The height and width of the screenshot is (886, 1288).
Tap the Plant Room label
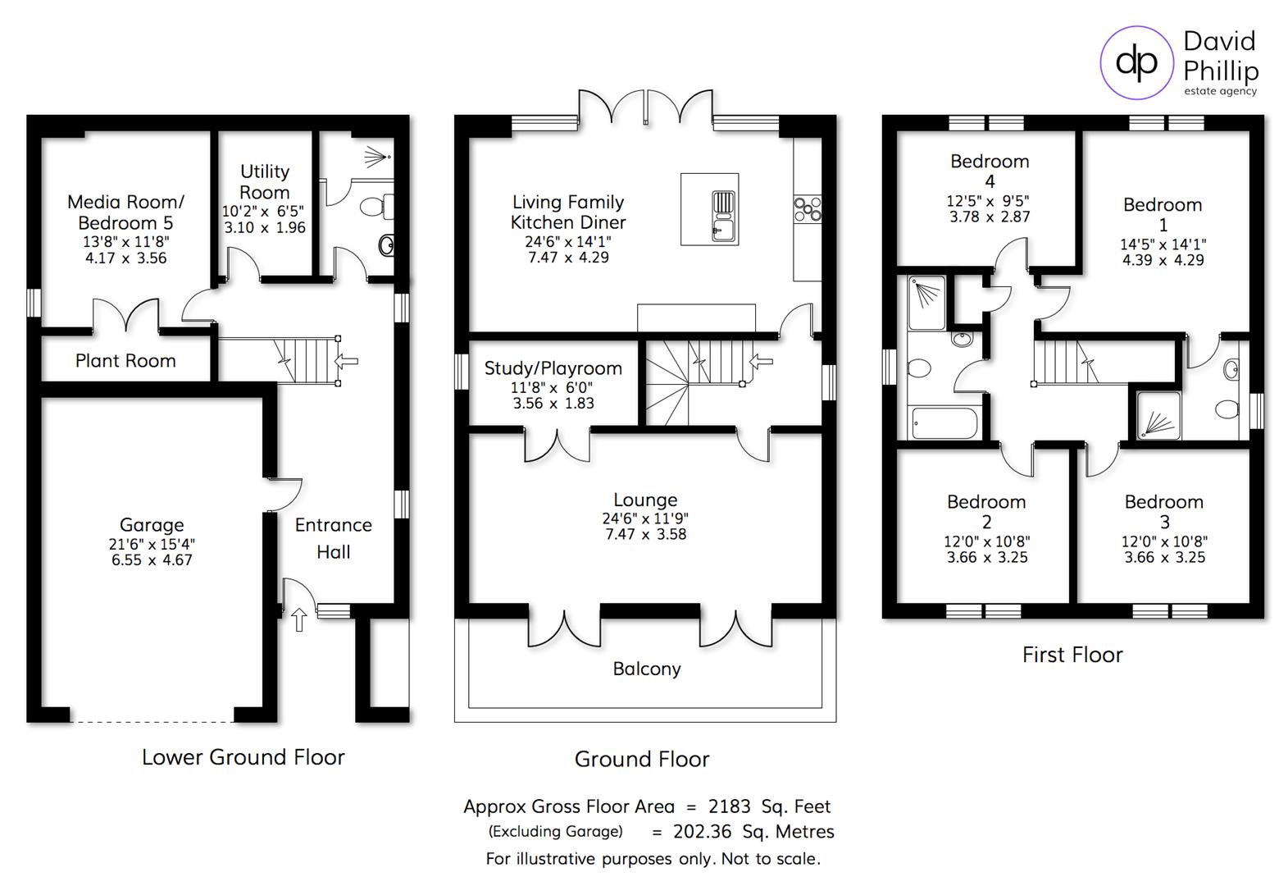125,361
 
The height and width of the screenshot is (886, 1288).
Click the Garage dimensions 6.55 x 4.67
152,560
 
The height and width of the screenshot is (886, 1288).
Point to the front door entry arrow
299,619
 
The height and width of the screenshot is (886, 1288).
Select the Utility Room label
264,182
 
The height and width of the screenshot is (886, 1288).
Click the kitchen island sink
723,216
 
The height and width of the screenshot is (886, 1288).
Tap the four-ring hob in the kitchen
807,208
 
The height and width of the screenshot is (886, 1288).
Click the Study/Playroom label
553,368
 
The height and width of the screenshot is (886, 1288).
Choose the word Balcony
647,669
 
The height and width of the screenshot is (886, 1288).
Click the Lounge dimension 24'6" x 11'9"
645,518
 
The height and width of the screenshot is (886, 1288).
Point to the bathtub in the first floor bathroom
943,423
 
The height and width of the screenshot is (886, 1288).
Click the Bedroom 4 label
990,171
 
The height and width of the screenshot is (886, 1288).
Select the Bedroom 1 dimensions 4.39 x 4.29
1163,260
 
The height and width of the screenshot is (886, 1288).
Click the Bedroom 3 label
1163,511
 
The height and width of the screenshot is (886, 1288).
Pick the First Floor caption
1072,655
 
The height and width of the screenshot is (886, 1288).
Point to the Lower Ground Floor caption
243,757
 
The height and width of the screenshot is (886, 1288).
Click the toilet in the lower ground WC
377,206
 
